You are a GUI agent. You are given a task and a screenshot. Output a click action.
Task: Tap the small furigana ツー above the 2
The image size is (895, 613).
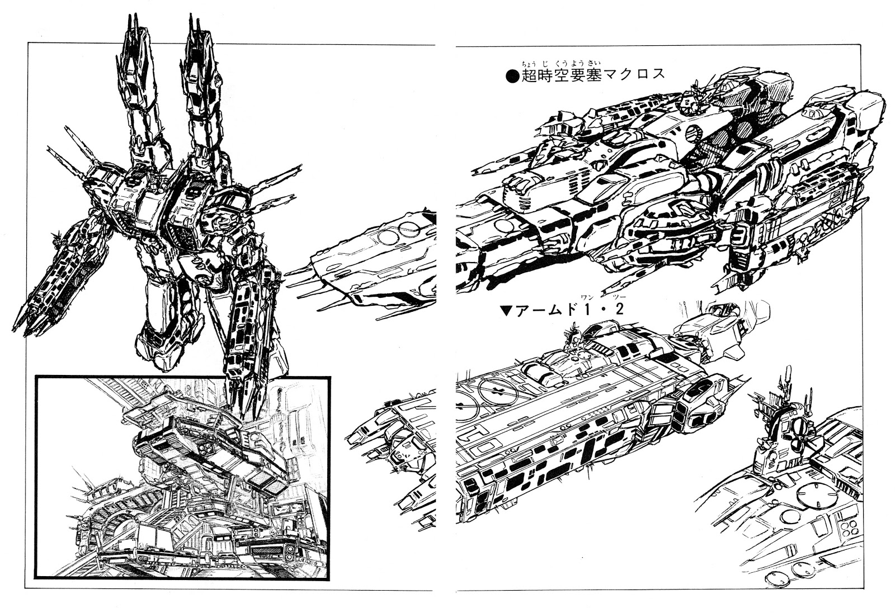point(619,297)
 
